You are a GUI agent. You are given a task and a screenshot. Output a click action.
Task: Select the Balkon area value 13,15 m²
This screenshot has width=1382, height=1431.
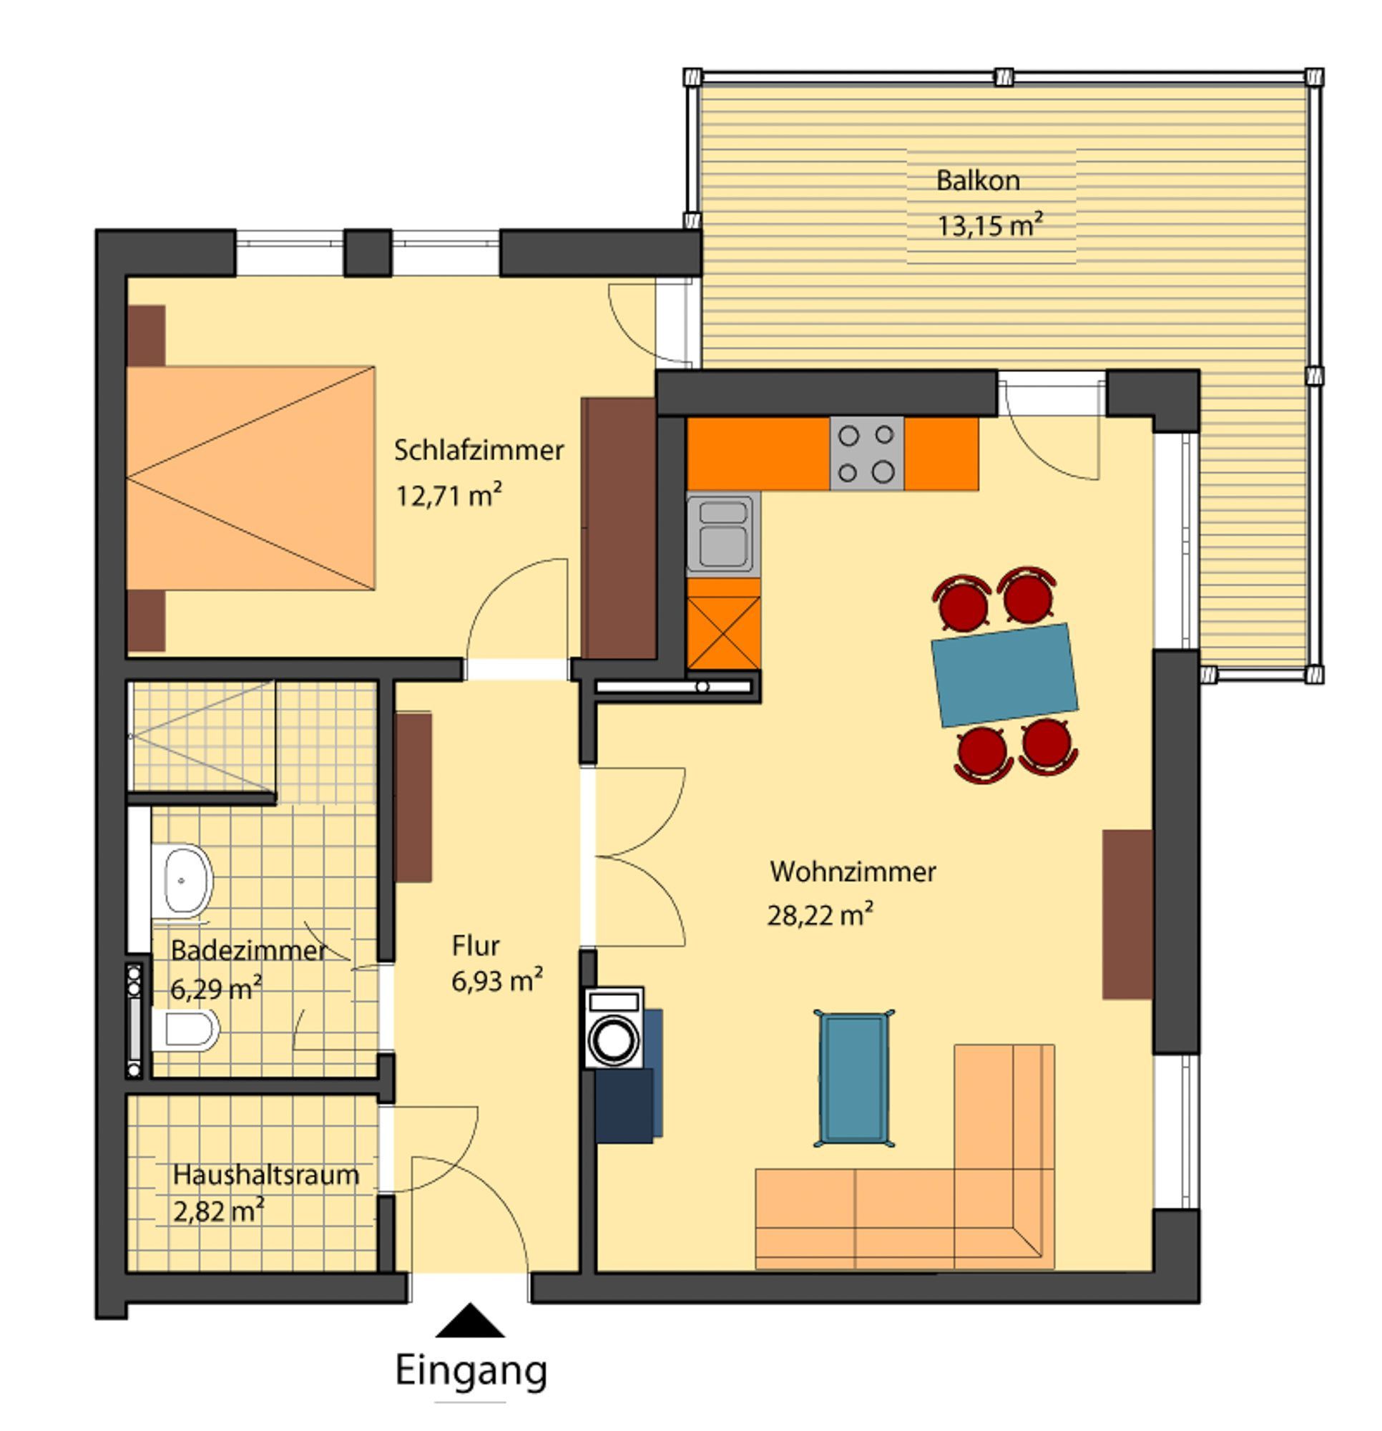tap(990, 225)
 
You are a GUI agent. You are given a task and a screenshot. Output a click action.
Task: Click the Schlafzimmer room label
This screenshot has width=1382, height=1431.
tap(479, 451)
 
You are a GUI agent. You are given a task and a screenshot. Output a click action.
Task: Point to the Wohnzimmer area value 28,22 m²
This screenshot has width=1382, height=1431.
tap(820, 914)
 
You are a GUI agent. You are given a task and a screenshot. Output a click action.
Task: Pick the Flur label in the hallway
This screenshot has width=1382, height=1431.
tap(475, 946)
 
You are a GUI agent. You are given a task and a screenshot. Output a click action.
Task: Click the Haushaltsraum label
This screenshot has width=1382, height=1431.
tap(265, 1175)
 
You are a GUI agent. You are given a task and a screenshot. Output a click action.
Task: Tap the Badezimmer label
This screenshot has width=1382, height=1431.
tap(248, 951)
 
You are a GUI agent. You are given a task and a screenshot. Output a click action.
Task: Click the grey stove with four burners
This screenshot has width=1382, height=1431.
tap(866, 454)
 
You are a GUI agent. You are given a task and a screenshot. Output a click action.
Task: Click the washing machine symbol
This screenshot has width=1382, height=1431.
tap(614, 1028)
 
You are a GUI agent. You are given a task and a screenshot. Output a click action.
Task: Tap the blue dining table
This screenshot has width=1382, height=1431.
tap(1004, 675)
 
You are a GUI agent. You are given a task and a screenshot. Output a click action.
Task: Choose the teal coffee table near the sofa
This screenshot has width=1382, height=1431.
tap(853, 1078)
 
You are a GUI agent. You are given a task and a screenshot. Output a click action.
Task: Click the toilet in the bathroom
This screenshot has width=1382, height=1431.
tap(185, 1030)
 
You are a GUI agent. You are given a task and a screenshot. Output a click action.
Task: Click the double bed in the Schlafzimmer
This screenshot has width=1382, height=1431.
tap(250, 478)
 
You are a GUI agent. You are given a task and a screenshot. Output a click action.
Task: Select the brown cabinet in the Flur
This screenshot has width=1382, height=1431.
tap(413, 797)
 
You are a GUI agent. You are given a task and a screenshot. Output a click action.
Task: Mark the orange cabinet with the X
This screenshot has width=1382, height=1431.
tap(723, 633)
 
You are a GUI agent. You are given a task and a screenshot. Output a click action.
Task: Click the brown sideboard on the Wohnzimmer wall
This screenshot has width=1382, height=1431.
tap(1127, 914)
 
